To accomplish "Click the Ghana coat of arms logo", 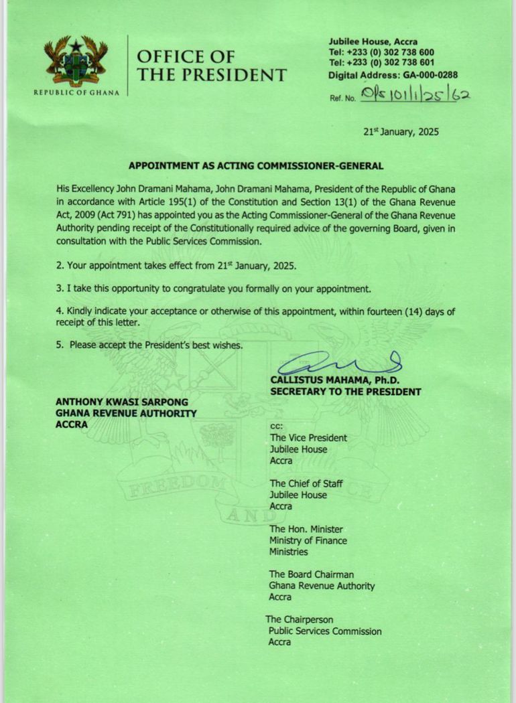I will point(76,61).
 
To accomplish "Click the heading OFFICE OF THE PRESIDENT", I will point(211,66).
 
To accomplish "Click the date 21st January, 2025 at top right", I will point(401,132).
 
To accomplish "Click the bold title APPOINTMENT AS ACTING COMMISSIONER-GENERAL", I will point(256,165).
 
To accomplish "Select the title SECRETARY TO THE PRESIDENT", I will point(345,392).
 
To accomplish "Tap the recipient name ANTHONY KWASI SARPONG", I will point(122,402).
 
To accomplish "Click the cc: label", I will point(276,426).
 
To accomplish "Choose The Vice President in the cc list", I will point(308,437).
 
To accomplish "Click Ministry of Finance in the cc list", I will point(308,540).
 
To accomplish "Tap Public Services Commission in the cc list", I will point(325,631).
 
